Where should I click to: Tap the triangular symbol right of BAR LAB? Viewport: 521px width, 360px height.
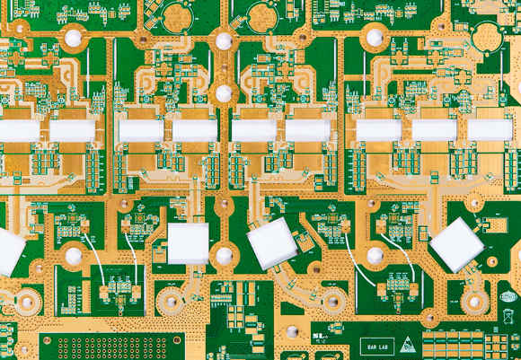pos(408,344)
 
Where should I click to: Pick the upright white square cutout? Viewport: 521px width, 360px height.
pos(188,243)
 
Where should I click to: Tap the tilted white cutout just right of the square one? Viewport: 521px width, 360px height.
pos(272,242)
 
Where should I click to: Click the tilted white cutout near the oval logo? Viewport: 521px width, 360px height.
pos(457,244)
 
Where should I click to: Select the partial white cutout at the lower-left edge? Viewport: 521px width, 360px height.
pos(9,250)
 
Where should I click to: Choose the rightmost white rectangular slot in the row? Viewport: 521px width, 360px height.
pos(490,130)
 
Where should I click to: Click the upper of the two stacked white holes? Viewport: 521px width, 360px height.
pos(224,41)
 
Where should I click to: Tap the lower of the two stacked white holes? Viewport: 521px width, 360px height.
pos(224,93)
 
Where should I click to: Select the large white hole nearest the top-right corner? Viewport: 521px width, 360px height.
pos(373,37)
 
